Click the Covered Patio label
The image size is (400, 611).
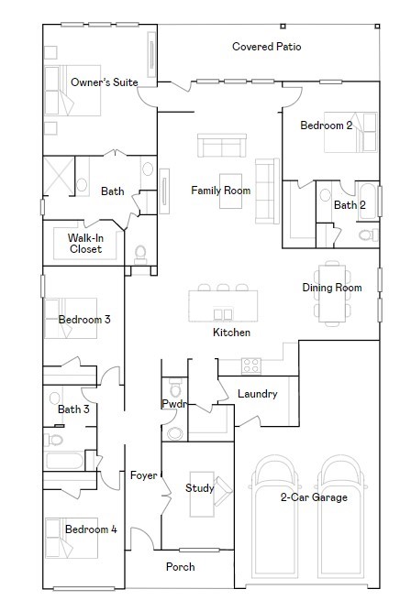(x=266, y=46)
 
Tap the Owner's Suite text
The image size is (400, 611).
(x=105, y=82)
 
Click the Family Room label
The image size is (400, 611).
(x=220, y=191)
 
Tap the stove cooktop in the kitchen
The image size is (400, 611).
(x=250, y=366)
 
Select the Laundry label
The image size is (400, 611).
(x=257, y=394)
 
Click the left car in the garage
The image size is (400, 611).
(x=275, y=511)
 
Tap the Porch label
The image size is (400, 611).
(x=180, y=567)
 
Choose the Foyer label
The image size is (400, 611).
(x=143, y=475)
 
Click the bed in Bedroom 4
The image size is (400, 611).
(x=73, y=539)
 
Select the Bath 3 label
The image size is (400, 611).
(x=73, y=409)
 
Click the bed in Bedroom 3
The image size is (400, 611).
(x=72, y=318)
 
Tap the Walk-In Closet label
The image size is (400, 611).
(x=85, y=243)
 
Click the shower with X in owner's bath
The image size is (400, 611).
(x=60, y=177)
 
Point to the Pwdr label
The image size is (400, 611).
(x=173, y=403)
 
